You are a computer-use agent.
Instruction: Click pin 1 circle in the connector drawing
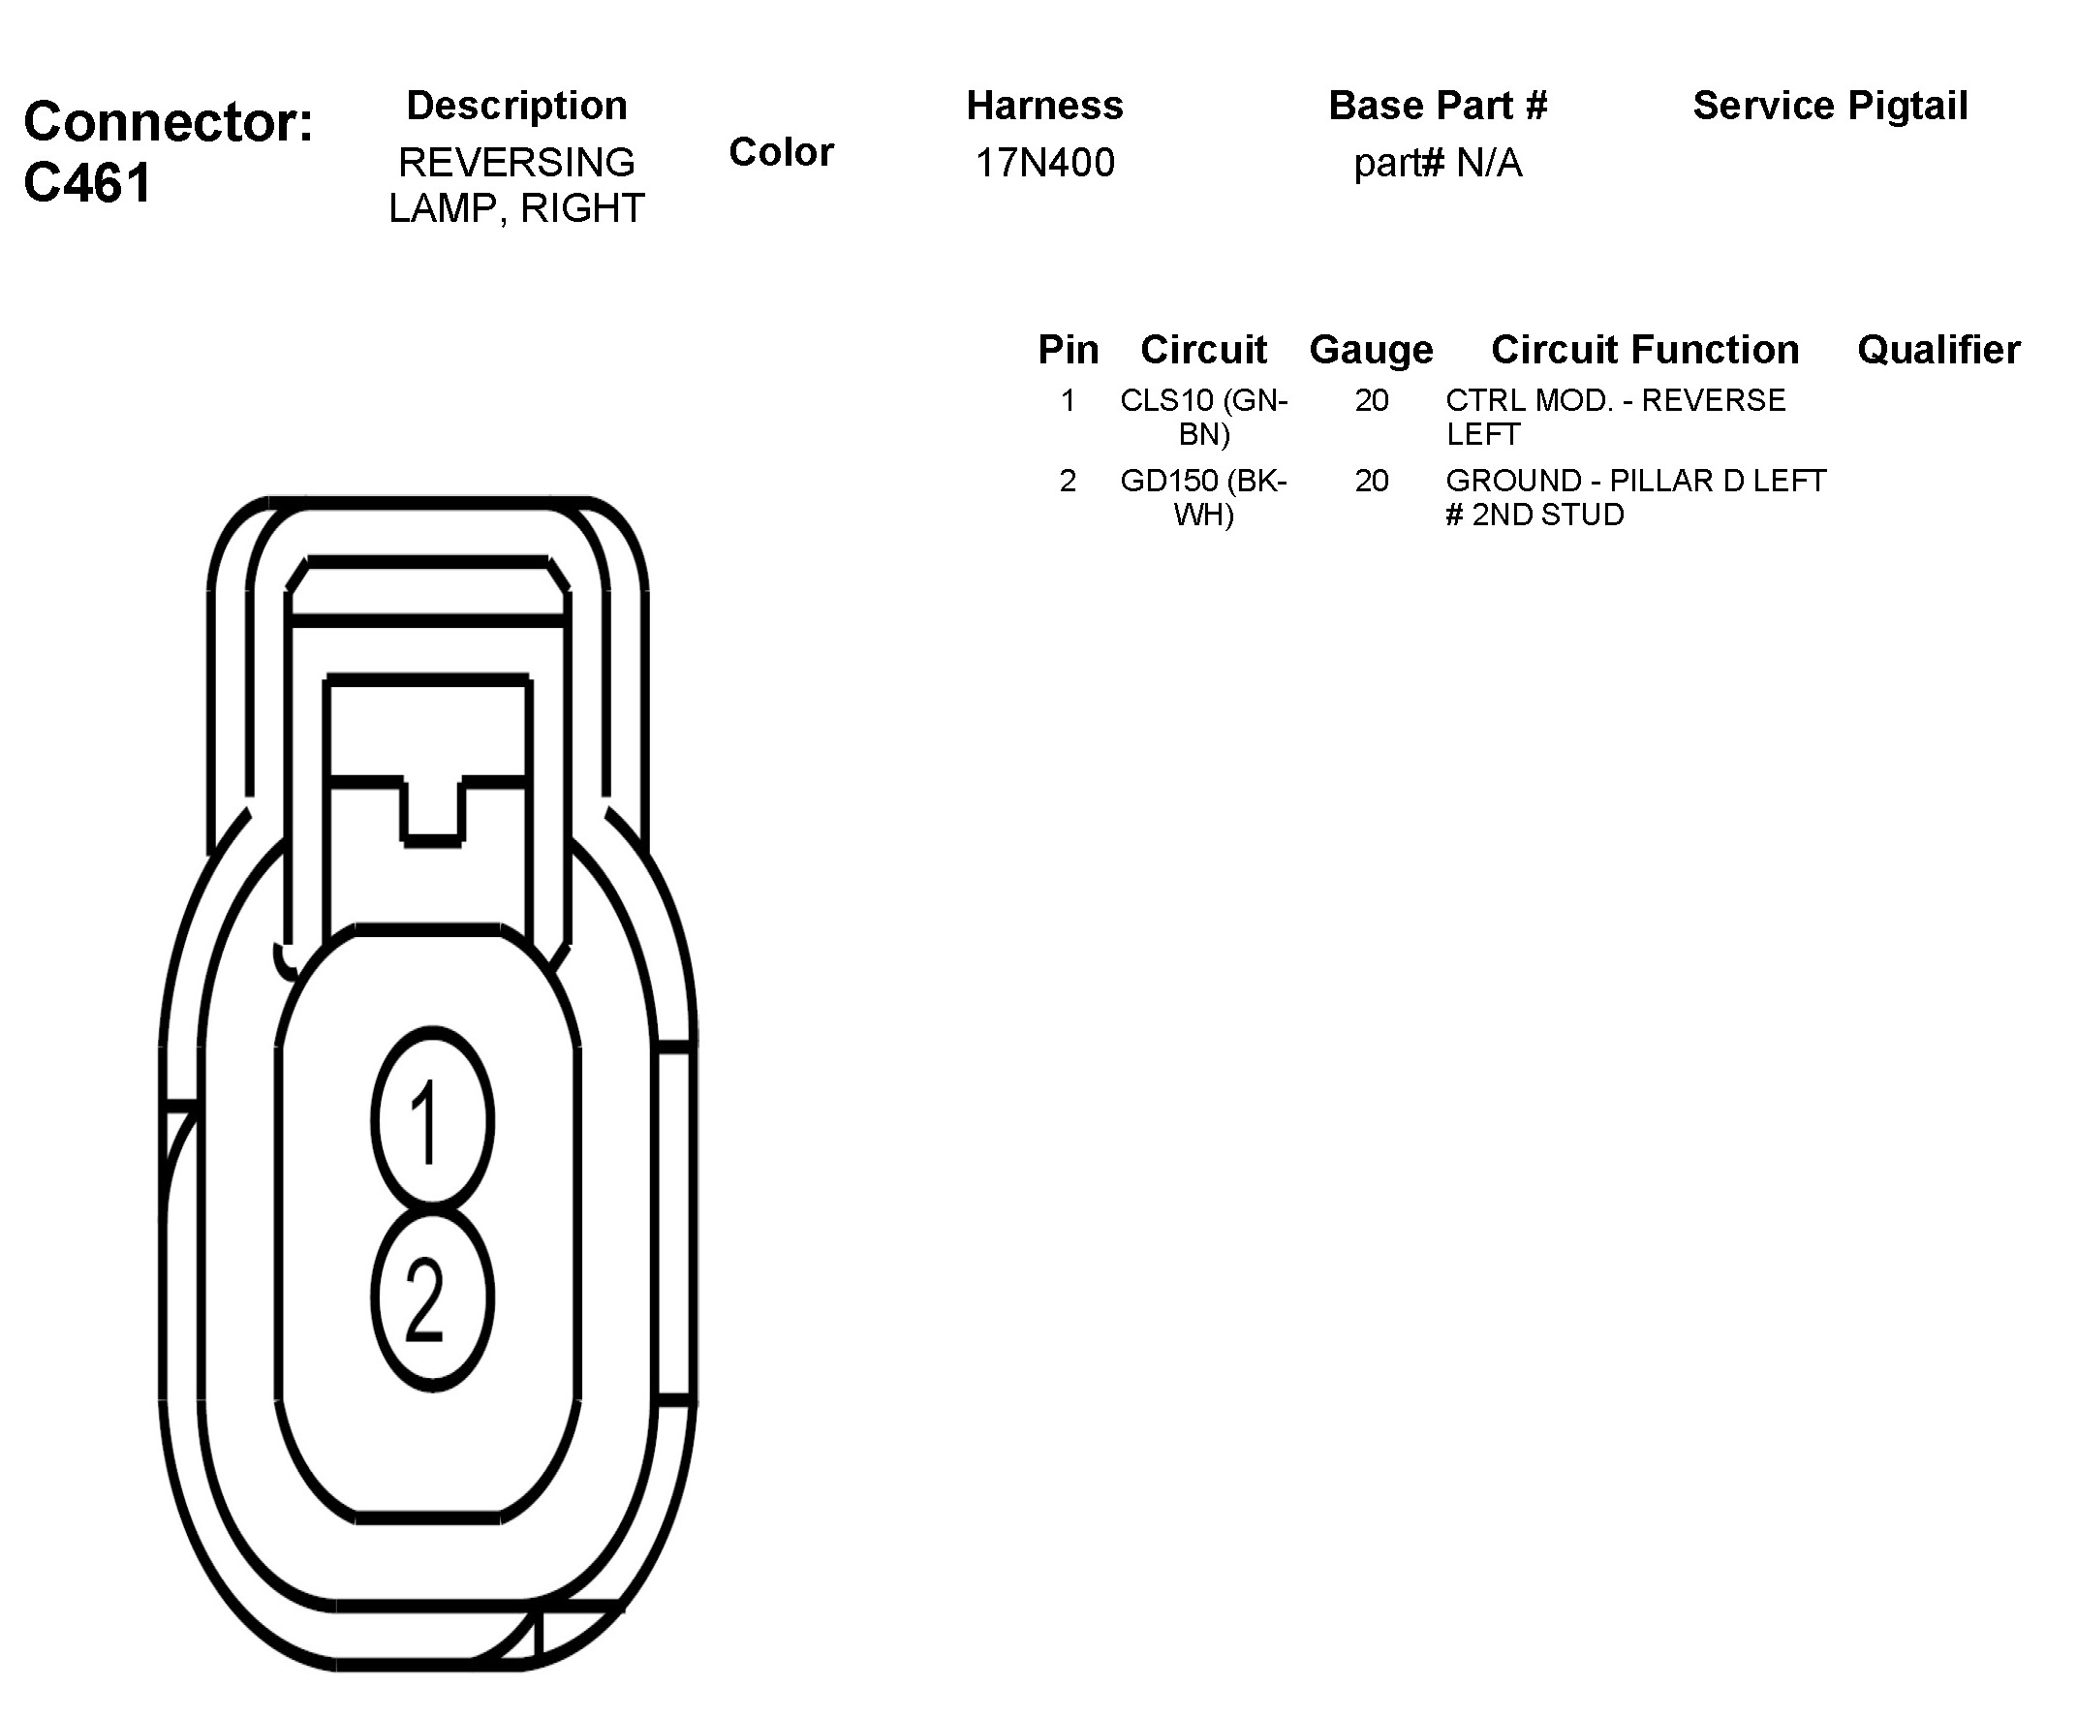click(x=432, y=1119)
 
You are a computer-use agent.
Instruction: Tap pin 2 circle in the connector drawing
click(x=432, y=1298)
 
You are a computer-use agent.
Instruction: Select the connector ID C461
click(x=88, y=183)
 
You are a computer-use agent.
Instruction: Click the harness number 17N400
click(x=1044, y=163)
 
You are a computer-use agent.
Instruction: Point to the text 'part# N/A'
click(x=1437, y=163)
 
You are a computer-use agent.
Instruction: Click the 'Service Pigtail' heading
click(x=1830, y=106)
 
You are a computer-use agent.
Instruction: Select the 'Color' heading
click(x=782, y=152)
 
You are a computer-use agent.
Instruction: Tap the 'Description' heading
click(x=516, y=106)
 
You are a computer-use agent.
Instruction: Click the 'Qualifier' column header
click(x=1938, y=350)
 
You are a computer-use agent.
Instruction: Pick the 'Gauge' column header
click(x=1371, y=350)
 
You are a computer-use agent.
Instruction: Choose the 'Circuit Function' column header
click(x=1645, y=350)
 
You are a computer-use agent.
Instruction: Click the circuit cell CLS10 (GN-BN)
click(x=1203, y=417)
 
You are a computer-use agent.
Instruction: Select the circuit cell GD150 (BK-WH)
click(x=1203, y=496)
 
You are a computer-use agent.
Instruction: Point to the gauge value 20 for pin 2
click(x=1372, y=481)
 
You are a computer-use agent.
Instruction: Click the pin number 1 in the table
click(x=1068, y=400)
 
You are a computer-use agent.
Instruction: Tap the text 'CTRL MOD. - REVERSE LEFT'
click(x=1615, y=417)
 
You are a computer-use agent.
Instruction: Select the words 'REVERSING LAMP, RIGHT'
click(x=516, y=185)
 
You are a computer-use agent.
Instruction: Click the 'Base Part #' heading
click(x=1437, y=106)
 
